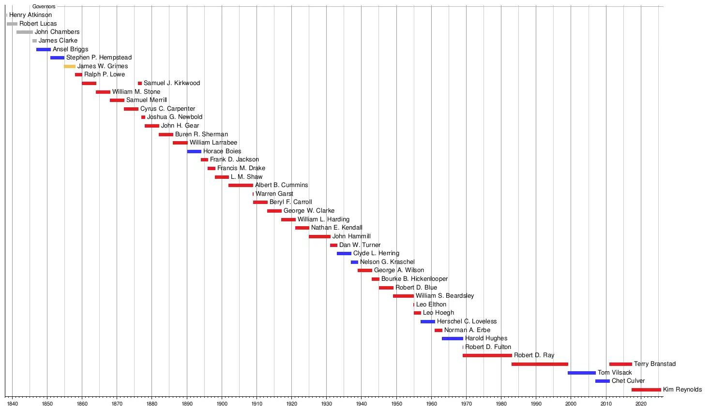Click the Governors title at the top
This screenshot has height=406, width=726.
point(44,6)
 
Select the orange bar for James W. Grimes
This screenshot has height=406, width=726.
point(70,66)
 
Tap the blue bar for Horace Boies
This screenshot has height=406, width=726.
point(194,151)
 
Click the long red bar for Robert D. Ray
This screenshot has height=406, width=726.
point(487,355)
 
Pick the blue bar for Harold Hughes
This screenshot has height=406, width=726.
point(452,338)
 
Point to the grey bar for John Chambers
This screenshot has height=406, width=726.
point(25,32)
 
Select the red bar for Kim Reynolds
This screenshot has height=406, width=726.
point(646,390)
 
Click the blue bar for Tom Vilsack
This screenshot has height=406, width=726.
point(581,373)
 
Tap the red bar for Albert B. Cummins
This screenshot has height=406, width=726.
point(241,185)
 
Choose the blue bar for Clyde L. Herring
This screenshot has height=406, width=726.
point(344,253)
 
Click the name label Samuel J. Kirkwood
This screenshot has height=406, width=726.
point(172,83)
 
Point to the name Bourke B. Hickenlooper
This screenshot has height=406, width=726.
point(414,279)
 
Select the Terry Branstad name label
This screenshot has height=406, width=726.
point(654,364)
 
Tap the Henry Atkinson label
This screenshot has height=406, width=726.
point(30,15)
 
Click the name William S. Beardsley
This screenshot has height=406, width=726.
point(445,296)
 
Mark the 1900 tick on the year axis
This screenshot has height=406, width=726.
point(222,403)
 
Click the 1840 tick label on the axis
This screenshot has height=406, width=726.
point(12,403)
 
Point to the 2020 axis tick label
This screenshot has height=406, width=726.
point(640,403)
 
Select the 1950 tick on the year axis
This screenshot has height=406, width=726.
point(396,403)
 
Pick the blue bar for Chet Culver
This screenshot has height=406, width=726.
point(602,381)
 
